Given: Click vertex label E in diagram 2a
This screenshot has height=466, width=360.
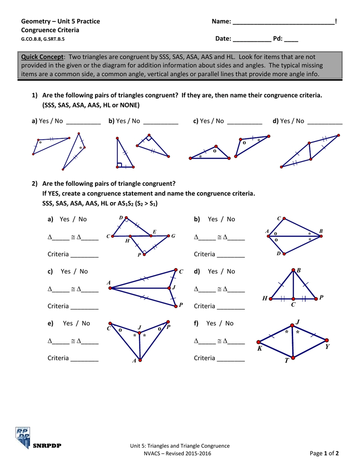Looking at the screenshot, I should click(x=154, y=232).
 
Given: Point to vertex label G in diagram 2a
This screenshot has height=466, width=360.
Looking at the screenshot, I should click(x=173, y=236).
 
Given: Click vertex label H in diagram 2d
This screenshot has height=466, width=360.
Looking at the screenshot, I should click(x=264, y=299).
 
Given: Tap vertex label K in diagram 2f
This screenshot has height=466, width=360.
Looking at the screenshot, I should click(x=259, y=348).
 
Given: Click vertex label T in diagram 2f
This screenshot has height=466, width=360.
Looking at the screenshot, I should click(x=287, y=361).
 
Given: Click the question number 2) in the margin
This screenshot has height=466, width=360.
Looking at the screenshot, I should click(x=35, y=183).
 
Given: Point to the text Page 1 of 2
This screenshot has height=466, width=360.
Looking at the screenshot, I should click(x=324, y=453).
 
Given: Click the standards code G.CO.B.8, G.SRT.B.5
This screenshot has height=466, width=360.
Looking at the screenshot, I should click(x=43, y=39).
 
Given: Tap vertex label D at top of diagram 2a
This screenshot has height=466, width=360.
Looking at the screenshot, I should click(x=121, y=218).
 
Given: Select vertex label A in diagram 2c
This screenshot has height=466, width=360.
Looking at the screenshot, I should click(x=109, y=283).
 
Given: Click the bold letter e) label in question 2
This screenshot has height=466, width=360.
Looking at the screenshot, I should click(x=51, y=323).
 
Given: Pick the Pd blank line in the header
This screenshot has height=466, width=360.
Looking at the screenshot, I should click(x=291, y=39).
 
